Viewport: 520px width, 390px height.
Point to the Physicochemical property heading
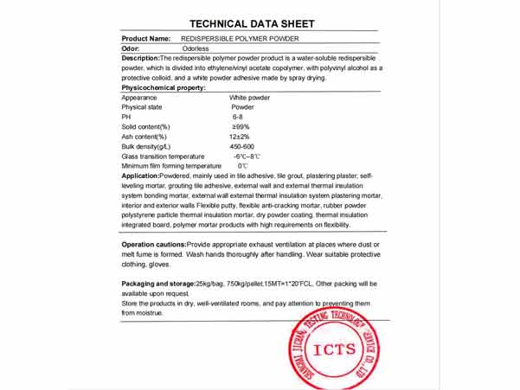point(164,88)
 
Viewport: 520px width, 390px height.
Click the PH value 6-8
point(238,117)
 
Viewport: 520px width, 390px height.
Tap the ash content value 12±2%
point(240,137)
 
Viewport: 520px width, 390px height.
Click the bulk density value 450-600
point(242,146)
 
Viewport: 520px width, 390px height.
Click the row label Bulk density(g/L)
point(150,146)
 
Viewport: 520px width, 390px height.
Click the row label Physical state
point(143,107)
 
